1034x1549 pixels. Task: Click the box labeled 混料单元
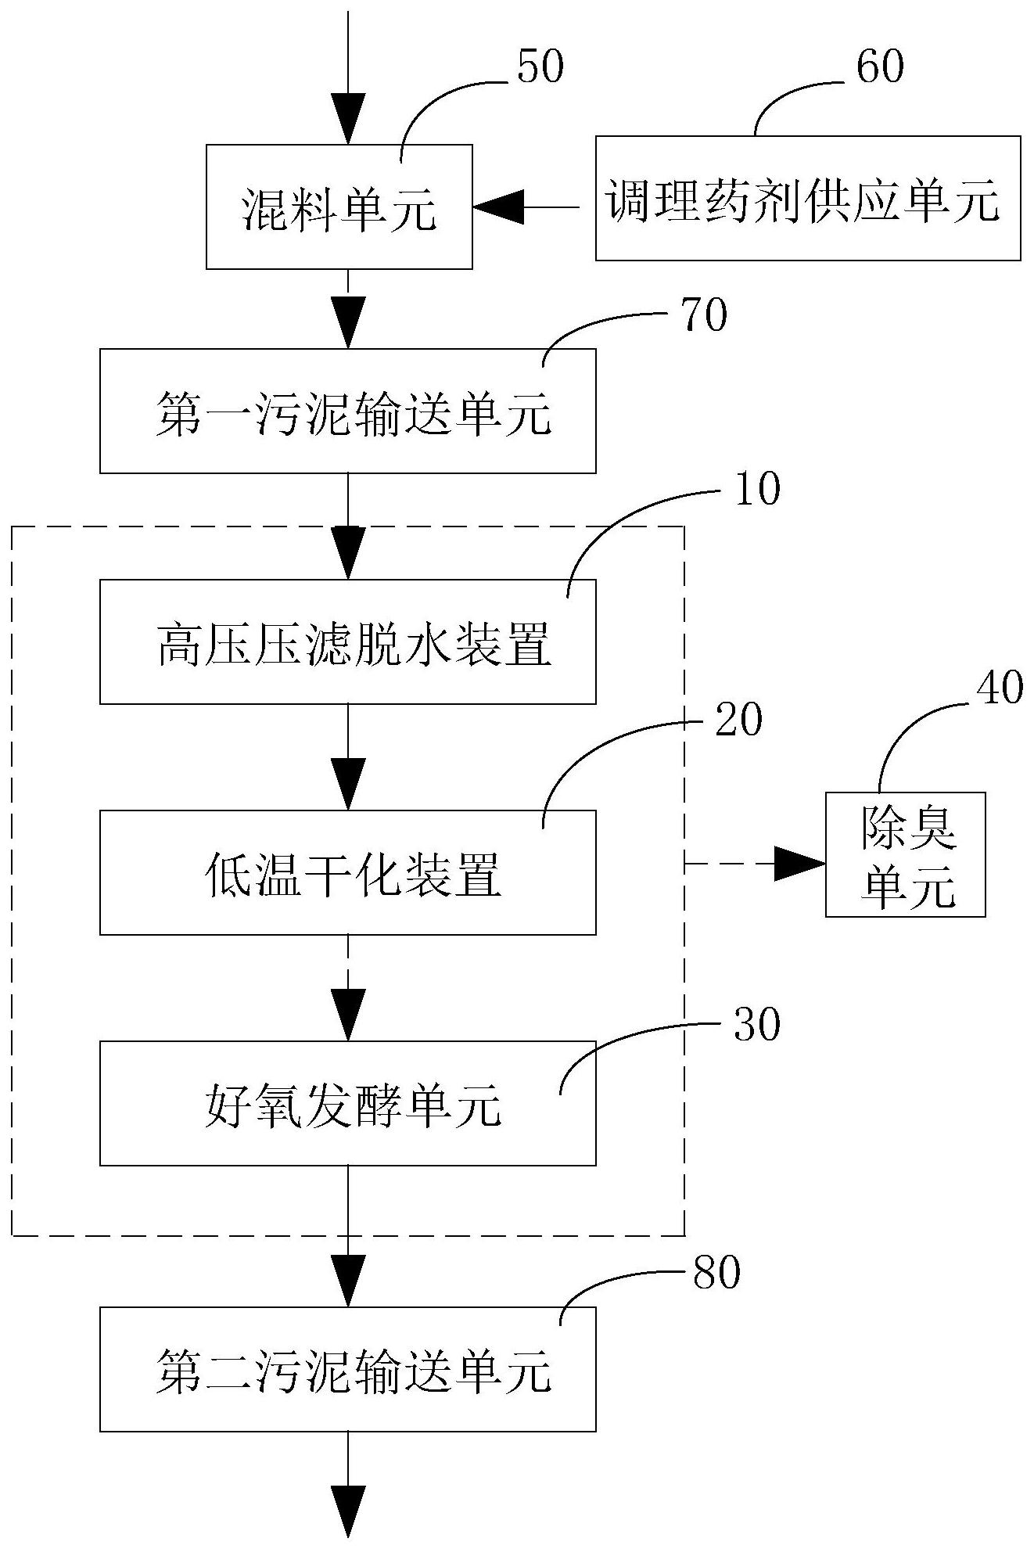[339, 207]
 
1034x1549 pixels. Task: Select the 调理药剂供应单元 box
[807, 198]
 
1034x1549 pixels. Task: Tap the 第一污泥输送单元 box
[347, 411]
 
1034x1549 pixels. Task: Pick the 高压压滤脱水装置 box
[347, 642]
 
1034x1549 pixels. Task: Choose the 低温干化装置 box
[347, 872]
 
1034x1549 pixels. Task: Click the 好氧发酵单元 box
[347, 1103]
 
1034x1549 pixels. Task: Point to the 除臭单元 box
[905, 854]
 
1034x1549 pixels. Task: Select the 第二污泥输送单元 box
[347, 1369]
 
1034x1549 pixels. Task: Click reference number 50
[540, 66]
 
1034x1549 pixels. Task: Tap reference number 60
[880, 66]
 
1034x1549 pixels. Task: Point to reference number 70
[703, 315]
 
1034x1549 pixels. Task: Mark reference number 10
[756, 489]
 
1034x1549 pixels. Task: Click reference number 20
[738, 720]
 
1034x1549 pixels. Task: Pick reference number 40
[999, 688]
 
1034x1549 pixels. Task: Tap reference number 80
[716, 1273]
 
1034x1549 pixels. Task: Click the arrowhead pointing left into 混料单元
[494, 207]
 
